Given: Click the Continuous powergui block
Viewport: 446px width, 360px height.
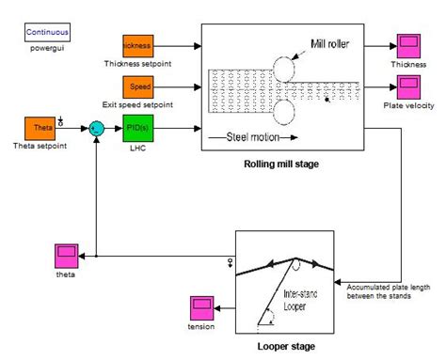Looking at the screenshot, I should click(x=46, y=31).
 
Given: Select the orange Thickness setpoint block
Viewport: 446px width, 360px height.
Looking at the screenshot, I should click(x=137, y=45).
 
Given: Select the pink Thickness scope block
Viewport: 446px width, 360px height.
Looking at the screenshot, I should click(x=408, y=46).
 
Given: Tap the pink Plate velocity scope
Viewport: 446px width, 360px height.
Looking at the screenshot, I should click(x=408, y=87).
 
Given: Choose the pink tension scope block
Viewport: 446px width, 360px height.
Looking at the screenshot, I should click(x=202, y=307).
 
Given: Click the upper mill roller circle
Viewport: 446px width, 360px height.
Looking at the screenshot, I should click(x=282, y=68).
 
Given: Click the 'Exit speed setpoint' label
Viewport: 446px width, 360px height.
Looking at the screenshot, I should click(x=137, y=107).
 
